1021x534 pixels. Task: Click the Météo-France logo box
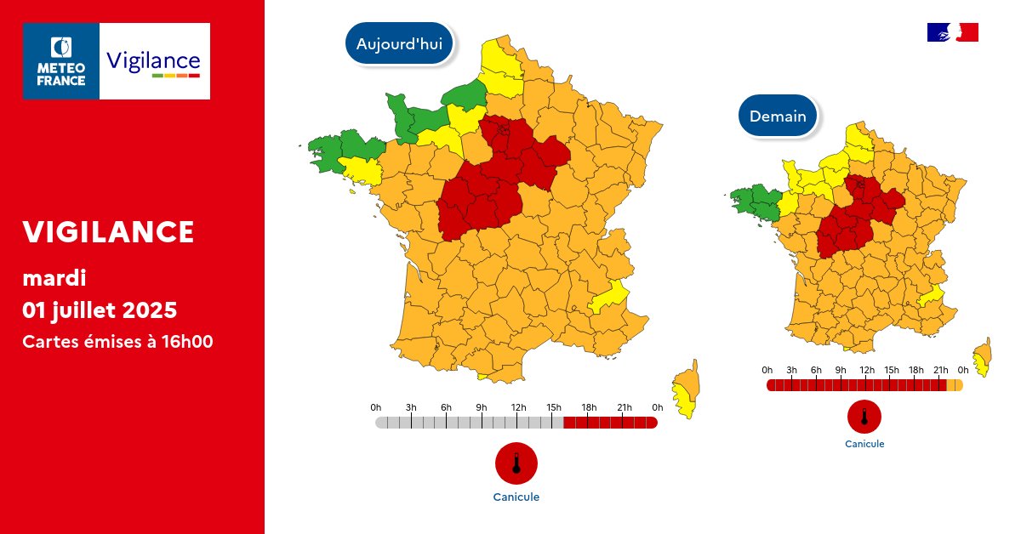click(61, 61)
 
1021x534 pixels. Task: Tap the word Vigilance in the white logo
click(153, 61)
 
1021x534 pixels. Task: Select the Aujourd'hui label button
click(399, 43)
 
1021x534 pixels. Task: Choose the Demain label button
click(778, 116)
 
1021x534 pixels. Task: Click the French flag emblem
click(952, 32)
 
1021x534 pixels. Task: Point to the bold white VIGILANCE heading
click(109, 231)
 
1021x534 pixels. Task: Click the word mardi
click(54, 278)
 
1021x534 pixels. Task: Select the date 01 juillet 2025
click(100, 310)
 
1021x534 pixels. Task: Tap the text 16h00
click(188, 342)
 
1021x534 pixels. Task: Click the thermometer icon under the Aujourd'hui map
click(516, 463)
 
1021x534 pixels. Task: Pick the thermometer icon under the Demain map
click(864, 417)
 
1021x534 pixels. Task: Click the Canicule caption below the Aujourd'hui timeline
click(516, 497)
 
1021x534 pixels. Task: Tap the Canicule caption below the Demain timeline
click(864, 444)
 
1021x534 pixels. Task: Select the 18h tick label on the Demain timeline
click(916, 370)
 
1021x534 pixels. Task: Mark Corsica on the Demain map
click(984, 355)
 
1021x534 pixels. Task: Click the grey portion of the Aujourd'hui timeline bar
click(468, 423)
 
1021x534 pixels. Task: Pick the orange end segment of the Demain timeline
click(955, 385)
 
